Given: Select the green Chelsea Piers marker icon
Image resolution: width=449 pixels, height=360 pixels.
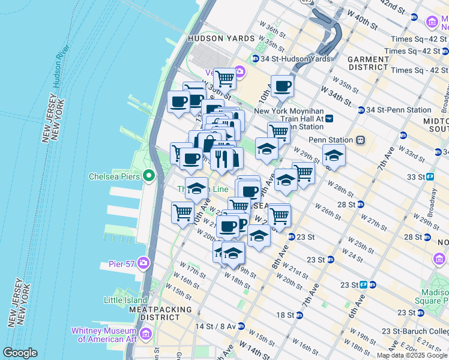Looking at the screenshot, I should pos(148,176).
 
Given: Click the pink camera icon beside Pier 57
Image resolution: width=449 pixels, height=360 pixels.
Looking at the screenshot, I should pos(143,262).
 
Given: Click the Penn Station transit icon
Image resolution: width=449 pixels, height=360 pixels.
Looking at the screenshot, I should pos(361,140).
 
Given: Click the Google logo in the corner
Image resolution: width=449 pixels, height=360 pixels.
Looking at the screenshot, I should pos(20,353).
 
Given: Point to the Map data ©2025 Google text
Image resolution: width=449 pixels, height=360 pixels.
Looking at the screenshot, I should pos(412,355).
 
